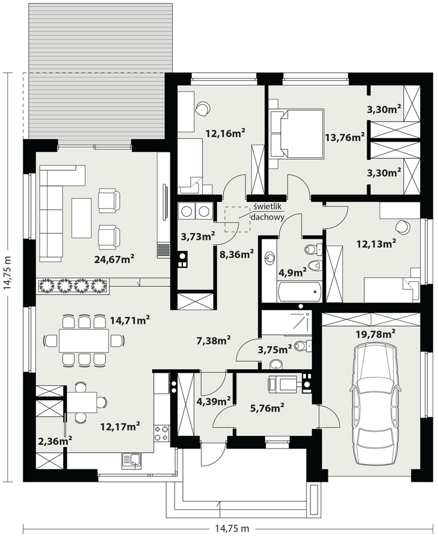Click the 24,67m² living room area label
coord(114,259)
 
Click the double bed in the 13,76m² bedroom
coord(297,133)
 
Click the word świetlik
coord(268,206)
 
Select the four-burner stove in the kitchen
coord(161,433)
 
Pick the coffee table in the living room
coord(82,218)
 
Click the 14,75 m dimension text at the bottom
coord(228,528)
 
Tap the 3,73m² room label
coord(198,235)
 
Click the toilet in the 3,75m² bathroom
coord(303,346)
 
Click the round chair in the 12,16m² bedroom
coord(203,108)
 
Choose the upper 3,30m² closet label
coord(384,110)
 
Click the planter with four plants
coord(73,286)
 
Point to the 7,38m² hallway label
coord(213,340)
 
